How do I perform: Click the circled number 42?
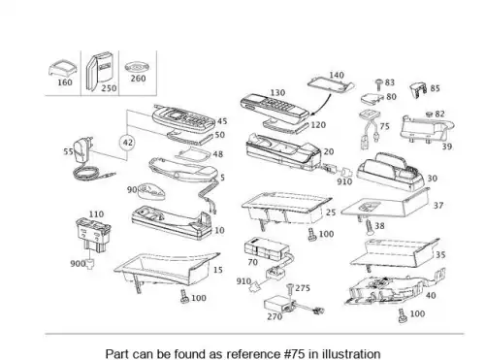pos(127,143)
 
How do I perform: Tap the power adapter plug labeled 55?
pos(83,149)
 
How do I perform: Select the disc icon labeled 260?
pos(137,68)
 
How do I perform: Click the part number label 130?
pos(277,93)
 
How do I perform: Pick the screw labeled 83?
pos(379,84)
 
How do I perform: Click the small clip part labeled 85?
pos(419,90)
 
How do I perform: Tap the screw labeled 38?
pos(369,227)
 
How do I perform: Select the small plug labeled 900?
pos(90,264)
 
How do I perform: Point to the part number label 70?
pos(252,262)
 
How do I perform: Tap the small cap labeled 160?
pos(63,68)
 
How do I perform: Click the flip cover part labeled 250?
pos(100,71)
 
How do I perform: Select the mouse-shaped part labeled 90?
pos(151,192)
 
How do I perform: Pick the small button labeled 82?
pos(430,114)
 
